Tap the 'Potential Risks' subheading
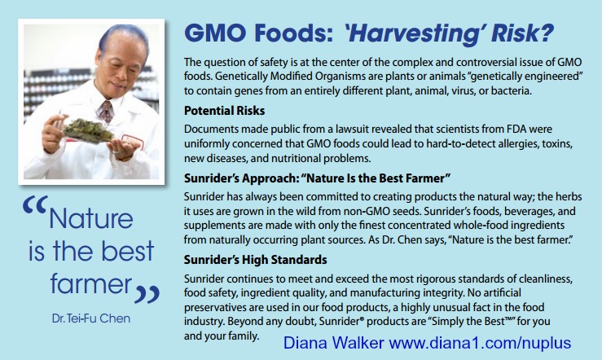point(224,111)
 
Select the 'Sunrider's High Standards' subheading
point(255,260)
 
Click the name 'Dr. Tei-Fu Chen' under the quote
point(91,318)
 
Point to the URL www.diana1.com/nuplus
point(480,342)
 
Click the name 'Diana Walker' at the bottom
point(334,342)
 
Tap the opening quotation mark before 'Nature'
point(35,205)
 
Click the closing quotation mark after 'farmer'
point(147,294)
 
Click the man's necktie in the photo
point(106,111)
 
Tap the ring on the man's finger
point(116,152)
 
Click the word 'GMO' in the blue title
point(215,33)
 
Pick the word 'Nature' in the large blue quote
point(91,218)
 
